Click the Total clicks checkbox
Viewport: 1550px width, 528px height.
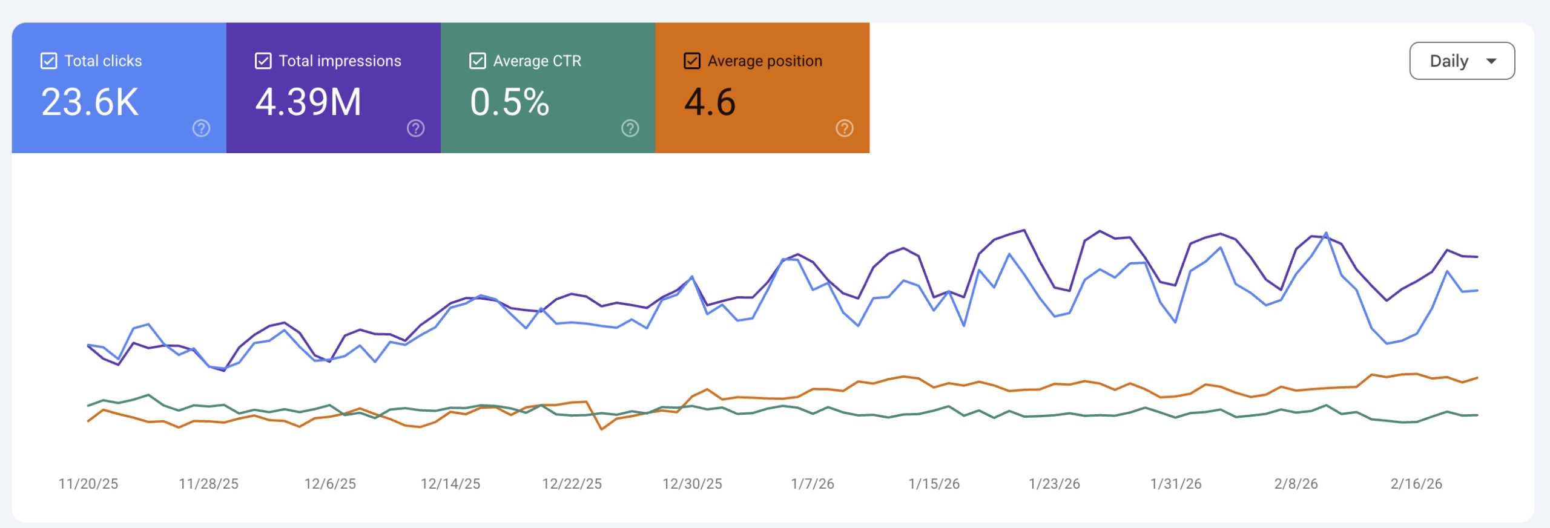click(48, 61)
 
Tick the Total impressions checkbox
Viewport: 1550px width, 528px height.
click(263, 61)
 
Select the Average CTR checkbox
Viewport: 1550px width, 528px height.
click(477, 61)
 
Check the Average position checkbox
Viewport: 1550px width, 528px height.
click(691, 61)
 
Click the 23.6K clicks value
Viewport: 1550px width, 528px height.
click(90, 102)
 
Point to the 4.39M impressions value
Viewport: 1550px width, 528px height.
click(308, 102)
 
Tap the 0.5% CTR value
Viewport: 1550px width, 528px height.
click(509, 102)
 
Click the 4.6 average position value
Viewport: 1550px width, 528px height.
click(710, 102)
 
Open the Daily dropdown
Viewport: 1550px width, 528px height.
click(1462, 61)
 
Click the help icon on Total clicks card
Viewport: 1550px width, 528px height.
click(201, 128)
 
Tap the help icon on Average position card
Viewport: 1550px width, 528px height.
click(844, 128)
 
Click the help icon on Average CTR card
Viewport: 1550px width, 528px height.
click(630, 128)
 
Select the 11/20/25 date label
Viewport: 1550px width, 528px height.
click(88, 484)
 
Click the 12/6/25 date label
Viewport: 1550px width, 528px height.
click(330, 484)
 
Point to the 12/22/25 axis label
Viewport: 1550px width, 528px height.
click(572, 484)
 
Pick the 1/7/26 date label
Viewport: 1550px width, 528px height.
click(813, 484)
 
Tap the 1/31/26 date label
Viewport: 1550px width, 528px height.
click(1176, 484)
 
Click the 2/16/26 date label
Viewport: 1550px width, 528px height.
click(1416, 484)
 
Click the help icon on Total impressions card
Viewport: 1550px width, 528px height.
click(415, 128)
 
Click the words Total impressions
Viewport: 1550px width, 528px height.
click(340, 61)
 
